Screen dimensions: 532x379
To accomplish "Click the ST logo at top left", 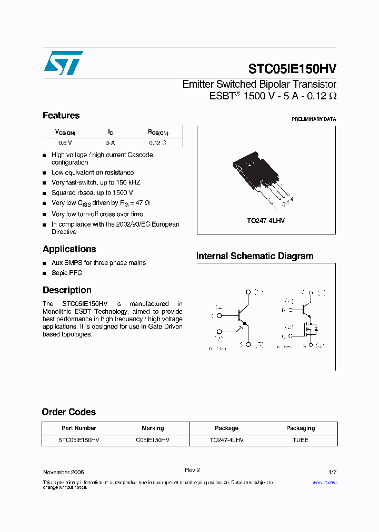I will (x=63, y=63).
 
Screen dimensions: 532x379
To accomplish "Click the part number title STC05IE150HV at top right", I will (x=292, y=69).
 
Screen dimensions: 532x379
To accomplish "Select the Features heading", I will (x=61, y=116).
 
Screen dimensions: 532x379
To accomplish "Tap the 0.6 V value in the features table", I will (x=65, y=142).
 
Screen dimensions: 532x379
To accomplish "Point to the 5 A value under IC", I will (x=110, y=142).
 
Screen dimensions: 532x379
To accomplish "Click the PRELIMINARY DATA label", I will (x=314, y=119).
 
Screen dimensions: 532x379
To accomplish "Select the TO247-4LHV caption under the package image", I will (x=266, y=221).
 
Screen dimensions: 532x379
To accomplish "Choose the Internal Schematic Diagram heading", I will (x=255, y=257).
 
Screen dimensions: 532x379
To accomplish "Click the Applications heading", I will (x=69, y=249).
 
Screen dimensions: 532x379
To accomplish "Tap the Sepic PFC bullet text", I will (x=67, y=273).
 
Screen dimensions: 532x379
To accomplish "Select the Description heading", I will (x=67, y=290).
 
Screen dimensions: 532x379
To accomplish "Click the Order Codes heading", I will (x=68, y=412).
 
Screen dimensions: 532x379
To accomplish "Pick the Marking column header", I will (x=153, y=428).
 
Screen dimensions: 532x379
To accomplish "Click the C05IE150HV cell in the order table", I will (x=153, y=440).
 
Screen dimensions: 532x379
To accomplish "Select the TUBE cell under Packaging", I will (x=301, y=440).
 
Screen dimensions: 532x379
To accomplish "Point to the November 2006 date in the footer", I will (x=63, y=472).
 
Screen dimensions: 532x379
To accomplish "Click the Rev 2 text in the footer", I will (x=192, y=470).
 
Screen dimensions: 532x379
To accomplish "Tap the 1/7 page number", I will (x=332, y=472).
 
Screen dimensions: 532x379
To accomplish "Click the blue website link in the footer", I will (x=324, y=482).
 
